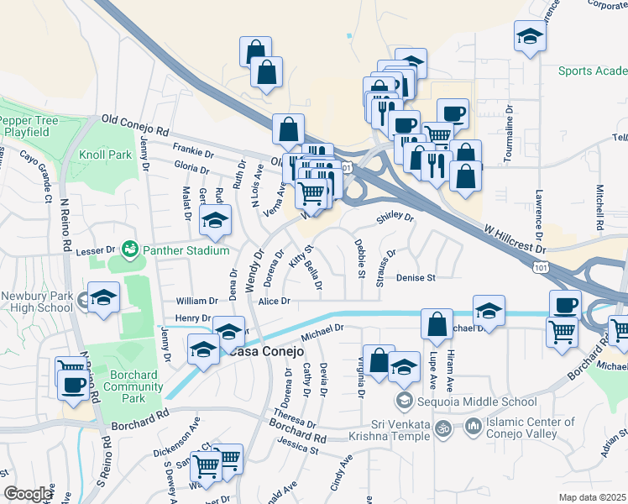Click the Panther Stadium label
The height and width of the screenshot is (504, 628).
pyautogui.click(x=185, y=250)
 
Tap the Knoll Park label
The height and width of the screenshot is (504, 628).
pyautogui.click(x=106, y=155)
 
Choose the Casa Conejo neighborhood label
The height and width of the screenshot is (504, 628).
pyautogui.click(x=254, y=351)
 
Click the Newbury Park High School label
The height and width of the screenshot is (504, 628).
pyautogui.click(x=37, y=302)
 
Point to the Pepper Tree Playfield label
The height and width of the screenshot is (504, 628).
pyautogui.click(x=31, y=127)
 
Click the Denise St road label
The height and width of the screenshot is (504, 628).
pyautogui.click(x=416, y=277)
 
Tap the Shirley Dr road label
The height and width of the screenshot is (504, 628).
pyautogui.click(x=395, y=217)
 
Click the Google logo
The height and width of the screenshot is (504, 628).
pyautogui.click(x=28, y=494)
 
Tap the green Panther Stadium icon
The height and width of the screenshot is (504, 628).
pyautogui.click(x=130, y=249)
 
